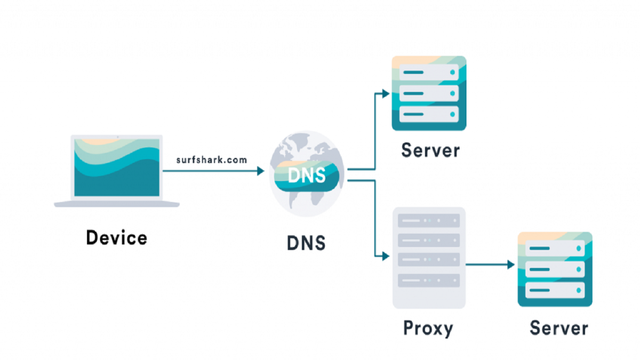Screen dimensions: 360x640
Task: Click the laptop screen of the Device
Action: click(x=117, y=167)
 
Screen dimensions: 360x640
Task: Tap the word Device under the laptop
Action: click(x=116, y=237)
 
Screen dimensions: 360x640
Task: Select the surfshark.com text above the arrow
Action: click(x=212, y=159)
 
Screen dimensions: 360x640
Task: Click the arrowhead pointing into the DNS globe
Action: click(x=261, y=171)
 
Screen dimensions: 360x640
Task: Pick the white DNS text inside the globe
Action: click(x=307, y=175)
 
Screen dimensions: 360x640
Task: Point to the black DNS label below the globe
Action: click(x=306, y=243)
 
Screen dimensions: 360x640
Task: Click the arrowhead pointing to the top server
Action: click(x=386, y=94)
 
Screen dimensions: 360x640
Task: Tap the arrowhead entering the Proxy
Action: click(x=386, y=257)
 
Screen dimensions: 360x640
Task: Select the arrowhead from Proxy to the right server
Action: click(x=512, y=264)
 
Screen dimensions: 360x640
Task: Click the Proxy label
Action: click(x=428, y=327)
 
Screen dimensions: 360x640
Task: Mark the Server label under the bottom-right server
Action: click(x=558, y=327)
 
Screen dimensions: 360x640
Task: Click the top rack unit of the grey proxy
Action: click(x=429, y=220)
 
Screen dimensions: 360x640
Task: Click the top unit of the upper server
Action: click(x=429, y=72)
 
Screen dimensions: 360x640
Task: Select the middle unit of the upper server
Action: click(x=429, y=93)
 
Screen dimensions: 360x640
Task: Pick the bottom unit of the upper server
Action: click(x=429, y=114)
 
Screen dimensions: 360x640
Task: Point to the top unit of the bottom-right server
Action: click(x=555, y=249)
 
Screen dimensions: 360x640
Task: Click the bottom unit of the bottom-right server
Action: click(x=555, y=290)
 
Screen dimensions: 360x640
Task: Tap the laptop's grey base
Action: click(x=117, y=204)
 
